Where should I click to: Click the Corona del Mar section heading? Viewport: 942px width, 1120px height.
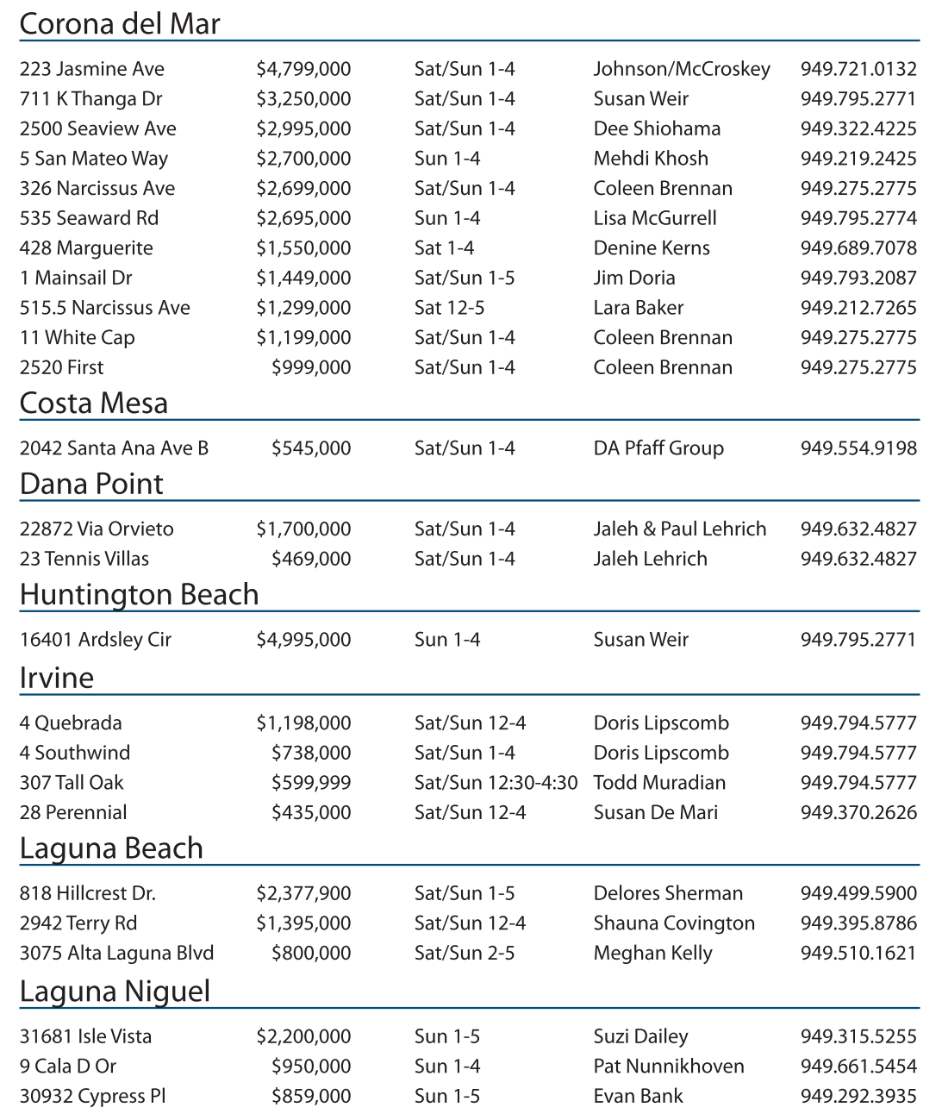pyautogui.click(x=120, y=23)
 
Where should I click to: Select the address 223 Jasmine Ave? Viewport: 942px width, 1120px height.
pyautogui.click(x=92, y=69)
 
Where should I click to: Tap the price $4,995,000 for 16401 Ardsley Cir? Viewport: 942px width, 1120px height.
pyautogui.click(x=303, y=640)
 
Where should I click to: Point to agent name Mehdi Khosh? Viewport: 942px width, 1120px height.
pyautogui.click(x=651, y=159)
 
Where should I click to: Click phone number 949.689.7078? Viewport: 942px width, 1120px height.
pyautogui.click(x=858, y=248)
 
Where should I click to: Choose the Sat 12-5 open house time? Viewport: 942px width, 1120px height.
pyautogui.click(x=449, y=308)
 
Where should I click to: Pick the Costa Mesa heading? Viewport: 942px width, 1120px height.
pyautogui.click(x=94, y=404)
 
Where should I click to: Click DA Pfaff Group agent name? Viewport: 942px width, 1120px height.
pyautogui.click(x=658, y=448)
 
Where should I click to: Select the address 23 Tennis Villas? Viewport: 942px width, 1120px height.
pyautogui.click(x=84, y=559)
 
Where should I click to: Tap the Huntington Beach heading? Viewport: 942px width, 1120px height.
pyautogui.click(x=139, y=595)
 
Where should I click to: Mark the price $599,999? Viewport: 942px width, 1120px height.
pyautogui.click(x=311, y=783)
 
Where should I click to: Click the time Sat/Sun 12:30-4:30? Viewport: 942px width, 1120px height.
pyautogui.click(x=496, y=783)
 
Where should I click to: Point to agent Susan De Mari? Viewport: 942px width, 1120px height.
pyautogui.click(x=655, y=812)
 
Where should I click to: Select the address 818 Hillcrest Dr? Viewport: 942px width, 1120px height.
pyautogui.click(x=88, y=893)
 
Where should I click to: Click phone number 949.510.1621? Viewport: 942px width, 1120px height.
pyautogui.click(x=858, y=953)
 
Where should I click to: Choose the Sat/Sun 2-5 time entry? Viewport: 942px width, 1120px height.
pyautogui.click(x=465, y=953)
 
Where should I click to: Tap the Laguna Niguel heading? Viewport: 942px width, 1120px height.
pyautogui.click(x=115, y=992)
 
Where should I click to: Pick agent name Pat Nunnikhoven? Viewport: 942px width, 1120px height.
pyautogui.click(x=669, y=1067)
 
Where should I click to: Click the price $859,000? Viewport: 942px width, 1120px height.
pyautogui.click(x=311, y=1096)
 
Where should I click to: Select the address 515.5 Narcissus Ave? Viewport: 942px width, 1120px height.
pyautogui.click(x=105, y=308)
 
